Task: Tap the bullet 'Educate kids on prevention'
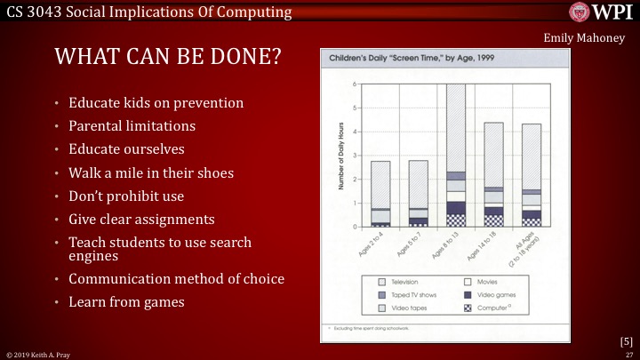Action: click(156, 102)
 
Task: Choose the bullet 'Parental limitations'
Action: click(132, 125)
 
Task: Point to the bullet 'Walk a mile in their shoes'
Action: click(151, 172)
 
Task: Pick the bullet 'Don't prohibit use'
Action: click(128, 195)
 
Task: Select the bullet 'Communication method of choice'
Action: click(176, 278)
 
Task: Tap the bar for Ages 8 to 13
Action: click(456, 156)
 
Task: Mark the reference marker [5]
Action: click(626, 340)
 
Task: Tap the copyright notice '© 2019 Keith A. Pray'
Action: click(43, 354)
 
